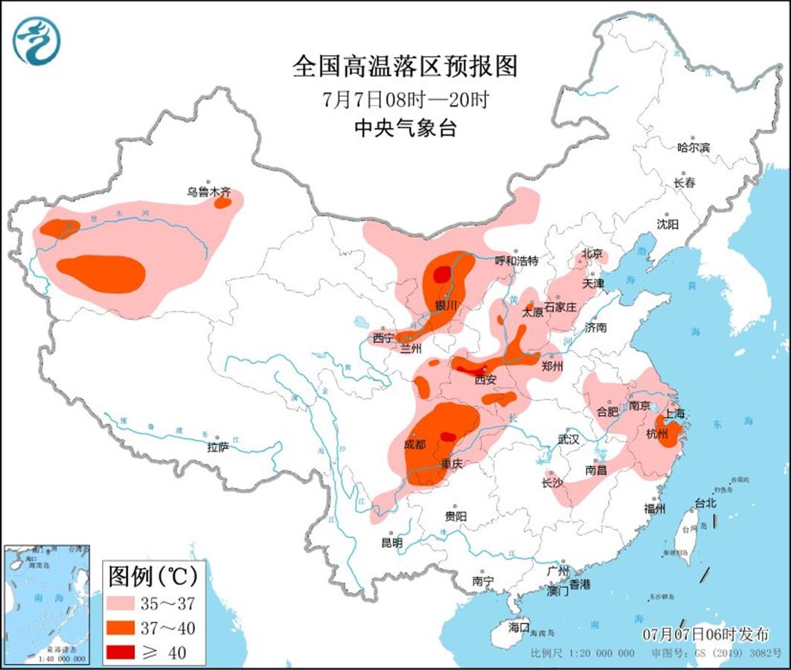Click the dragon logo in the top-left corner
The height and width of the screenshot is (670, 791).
pos(36,40)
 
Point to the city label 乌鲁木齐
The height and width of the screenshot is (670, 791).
pos(209,191)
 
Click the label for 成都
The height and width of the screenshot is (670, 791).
pos(415,444)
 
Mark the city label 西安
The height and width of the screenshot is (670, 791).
pos(485,380)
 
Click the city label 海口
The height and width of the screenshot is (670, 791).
pos(518,628)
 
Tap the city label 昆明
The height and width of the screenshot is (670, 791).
pos(391,543)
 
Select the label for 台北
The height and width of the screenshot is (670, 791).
pos(704,503)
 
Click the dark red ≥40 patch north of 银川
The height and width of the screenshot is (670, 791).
pos(442,275)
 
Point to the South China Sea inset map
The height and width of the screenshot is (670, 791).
pos(46,604)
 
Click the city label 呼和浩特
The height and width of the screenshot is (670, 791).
pos(516,261)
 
